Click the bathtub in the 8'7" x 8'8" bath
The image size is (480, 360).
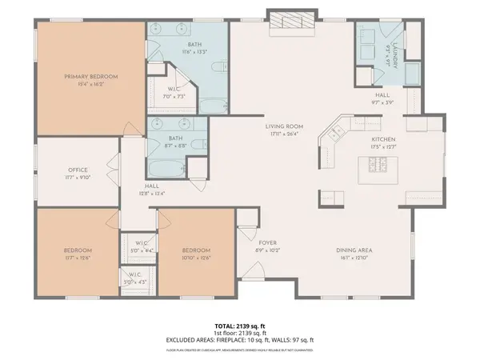pyautogui.click(x=163, y=170)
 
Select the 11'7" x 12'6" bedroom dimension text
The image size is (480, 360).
pyautogui.click(x=78, y=257)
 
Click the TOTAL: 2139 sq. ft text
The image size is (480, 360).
pyautogui.click(x=241, y=326)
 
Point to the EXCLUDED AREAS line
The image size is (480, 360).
pyautogui.click(x=241, y=341)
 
